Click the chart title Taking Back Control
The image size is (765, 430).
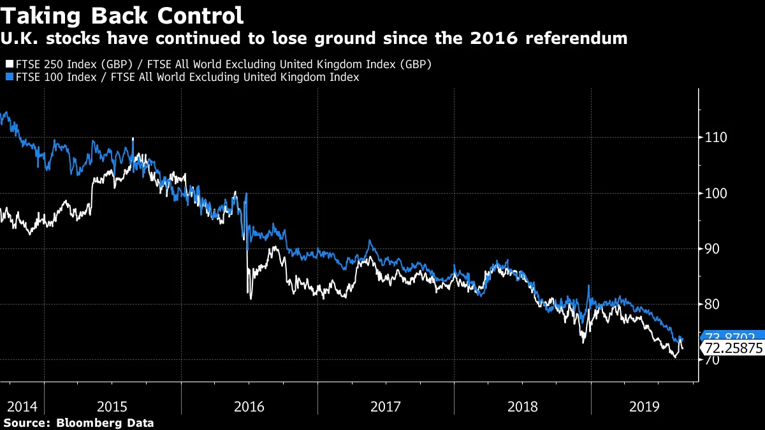[x=122, y=15]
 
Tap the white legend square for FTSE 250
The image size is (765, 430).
[x=8, y=64]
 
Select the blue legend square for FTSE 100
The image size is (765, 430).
[x=8, y=77]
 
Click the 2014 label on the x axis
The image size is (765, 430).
[x=22, y=406]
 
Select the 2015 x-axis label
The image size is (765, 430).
[x=112, y=406]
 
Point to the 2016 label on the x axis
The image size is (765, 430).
[x=249, y=406]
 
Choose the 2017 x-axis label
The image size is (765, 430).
[x=386, y=406]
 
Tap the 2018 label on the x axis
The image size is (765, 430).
[x=522, y=406]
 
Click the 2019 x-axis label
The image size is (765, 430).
[x=645, y=406]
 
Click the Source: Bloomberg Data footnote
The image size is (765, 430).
[x=78, y=422]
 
